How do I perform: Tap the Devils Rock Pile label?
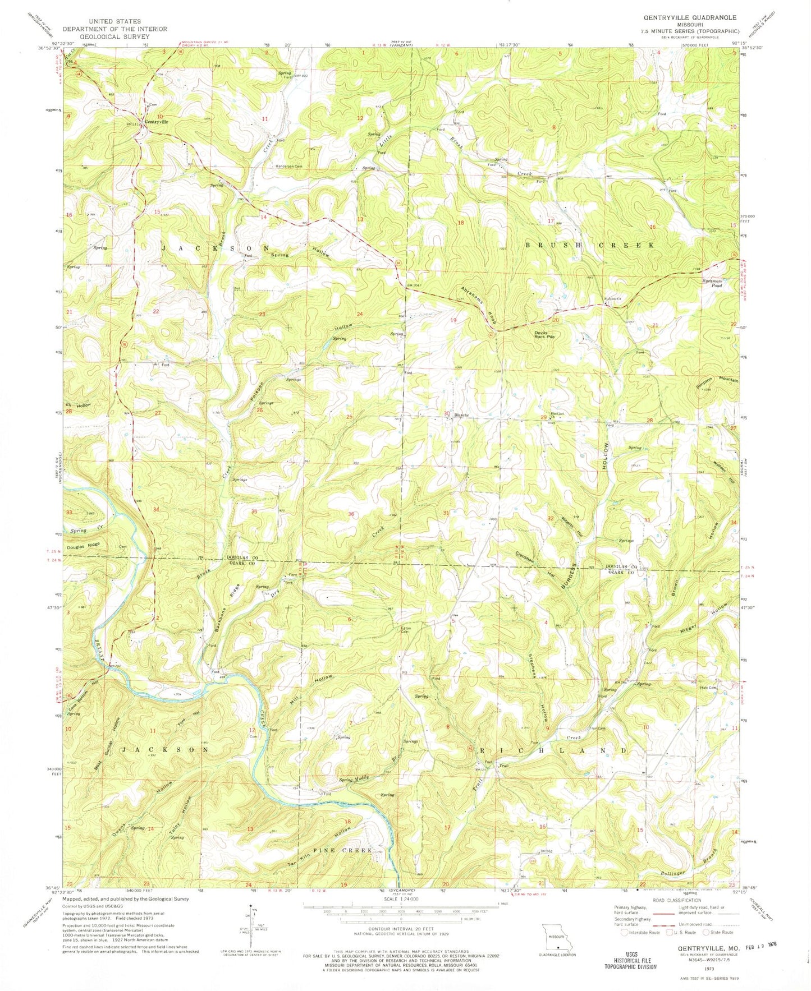point(544,334)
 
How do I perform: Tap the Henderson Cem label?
point(289,166)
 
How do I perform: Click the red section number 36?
point(351,514)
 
